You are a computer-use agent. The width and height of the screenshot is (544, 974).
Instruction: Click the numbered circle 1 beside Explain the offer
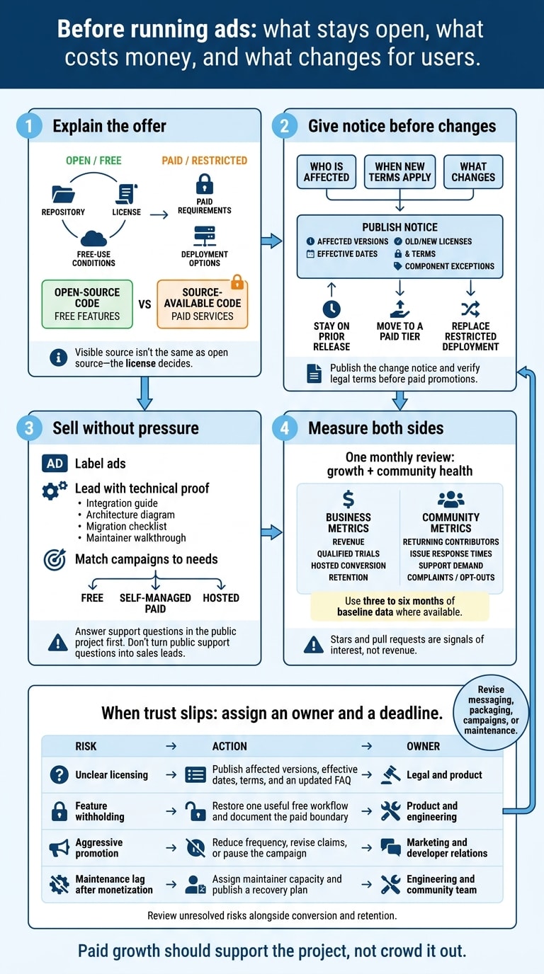[x=29, y=126]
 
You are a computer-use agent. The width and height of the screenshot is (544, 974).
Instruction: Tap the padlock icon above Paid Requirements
[x=205, y=183]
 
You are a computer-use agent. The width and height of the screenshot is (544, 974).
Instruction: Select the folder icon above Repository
[x=63, y=194]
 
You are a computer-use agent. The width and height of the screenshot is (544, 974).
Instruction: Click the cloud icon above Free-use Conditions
[x=93, y=239]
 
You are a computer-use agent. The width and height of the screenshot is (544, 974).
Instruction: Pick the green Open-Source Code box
[x=87, y=304]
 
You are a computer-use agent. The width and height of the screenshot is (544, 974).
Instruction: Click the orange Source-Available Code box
[x=203, y=304]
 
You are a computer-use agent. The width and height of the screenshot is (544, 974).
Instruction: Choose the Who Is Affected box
[x=327, y=172]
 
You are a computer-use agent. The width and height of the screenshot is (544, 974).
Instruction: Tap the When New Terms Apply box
[x=399, y=172]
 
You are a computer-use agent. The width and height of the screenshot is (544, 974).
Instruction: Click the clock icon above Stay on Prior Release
[x=331, y=309]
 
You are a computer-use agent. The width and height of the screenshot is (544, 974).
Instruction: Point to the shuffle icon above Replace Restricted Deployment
[x=470, y=309]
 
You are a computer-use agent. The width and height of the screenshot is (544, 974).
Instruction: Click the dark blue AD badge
[x=55, y=464]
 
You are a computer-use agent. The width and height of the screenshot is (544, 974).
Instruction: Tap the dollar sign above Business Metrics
[x=348, y=499]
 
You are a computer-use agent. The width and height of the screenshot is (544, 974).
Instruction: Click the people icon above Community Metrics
[x=451, y=499]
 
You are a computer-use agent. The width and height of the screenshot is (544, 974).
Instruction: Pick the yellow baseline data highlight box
[x=399, y=606]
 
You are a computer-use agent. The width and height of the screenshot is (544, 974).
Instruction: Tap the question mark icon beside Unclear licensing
[x=59, y=774]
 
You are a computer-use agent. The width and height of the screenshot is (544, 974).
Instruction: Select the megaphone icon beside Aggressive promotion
[x=59, y=847]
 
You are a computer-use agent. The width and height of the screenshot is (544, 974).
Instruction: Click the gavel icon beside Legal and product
[x=390, y=774]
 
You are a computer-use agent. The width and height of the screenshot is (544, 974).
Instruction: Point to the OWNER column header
[x=423, y=746]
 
